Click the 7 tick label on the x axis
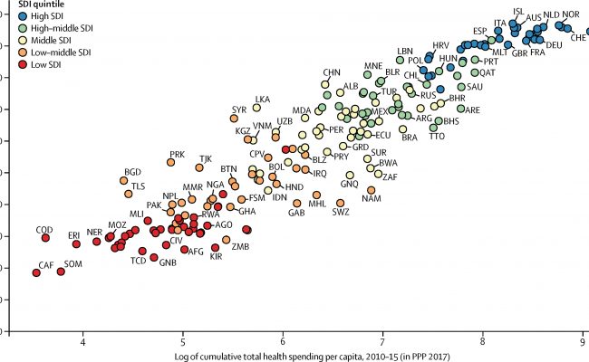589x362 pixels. pyautogui.click(x=382, y=343)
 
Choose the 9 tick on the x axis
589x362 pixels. pyautogui.click(x=582, y=343)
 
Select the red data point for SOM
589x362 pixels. pyautogui.click(x=62, y=271)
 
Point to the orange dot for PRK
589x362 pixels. pyautogui.click(x=171, y=162)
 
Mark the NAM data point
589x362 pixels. pyautogui.click(x=371, y=190)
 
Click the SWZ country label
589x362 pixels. pyautogui.click(x=341, y=213)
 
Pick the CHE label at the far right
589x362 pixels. pyautogui.click(x=578, y=50)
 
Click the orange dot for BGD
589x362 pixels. pyautogui.click(x=124, y=181)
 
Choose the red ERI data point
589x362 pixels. pyautogui.click(x=76, y=244)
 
